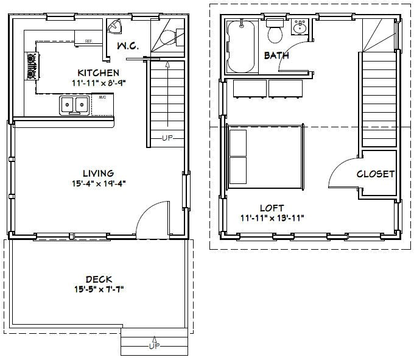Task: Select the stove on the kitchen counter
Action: tap(30, 66)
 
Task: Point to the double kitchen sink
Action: tap(73, 105)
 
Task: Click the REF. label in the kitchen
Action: tap(89, 41)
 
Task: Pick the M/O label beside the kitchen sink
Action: tap(102, 96)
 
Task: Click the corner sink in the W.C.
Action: tap(114, 26)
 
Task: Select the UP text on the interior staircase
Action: tap(167, 138)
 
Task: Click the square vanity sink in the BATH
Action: tap(300, 27)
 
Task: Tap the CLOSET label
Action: tap(376, 174)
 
